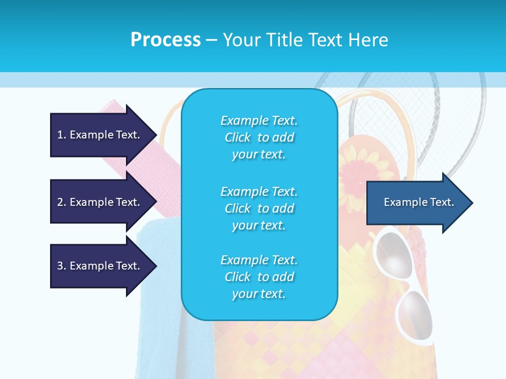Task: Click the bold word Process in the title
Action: [166, 40]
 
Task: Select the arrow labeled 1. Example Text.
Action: [103, 135]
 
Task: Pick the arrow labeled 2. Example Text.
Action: [103, 202]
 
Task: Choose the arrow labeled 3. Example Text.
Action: [103, 266]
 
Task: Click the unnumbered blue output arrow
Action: [420, 203]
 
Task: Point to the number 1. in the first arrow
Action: [62, 135]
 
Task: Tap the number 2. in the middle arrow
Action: [62, 202]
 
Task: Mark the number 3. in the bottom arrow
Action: [62, 265]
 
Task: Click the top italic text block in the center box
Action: [259, 137]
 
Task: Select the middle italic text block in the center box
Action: [259, 208]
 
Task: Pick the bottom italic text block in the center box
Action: [259, 276]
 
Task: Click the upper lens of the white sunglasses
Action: [393, 255]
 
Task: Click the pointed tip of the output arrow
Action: [473, 203]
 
